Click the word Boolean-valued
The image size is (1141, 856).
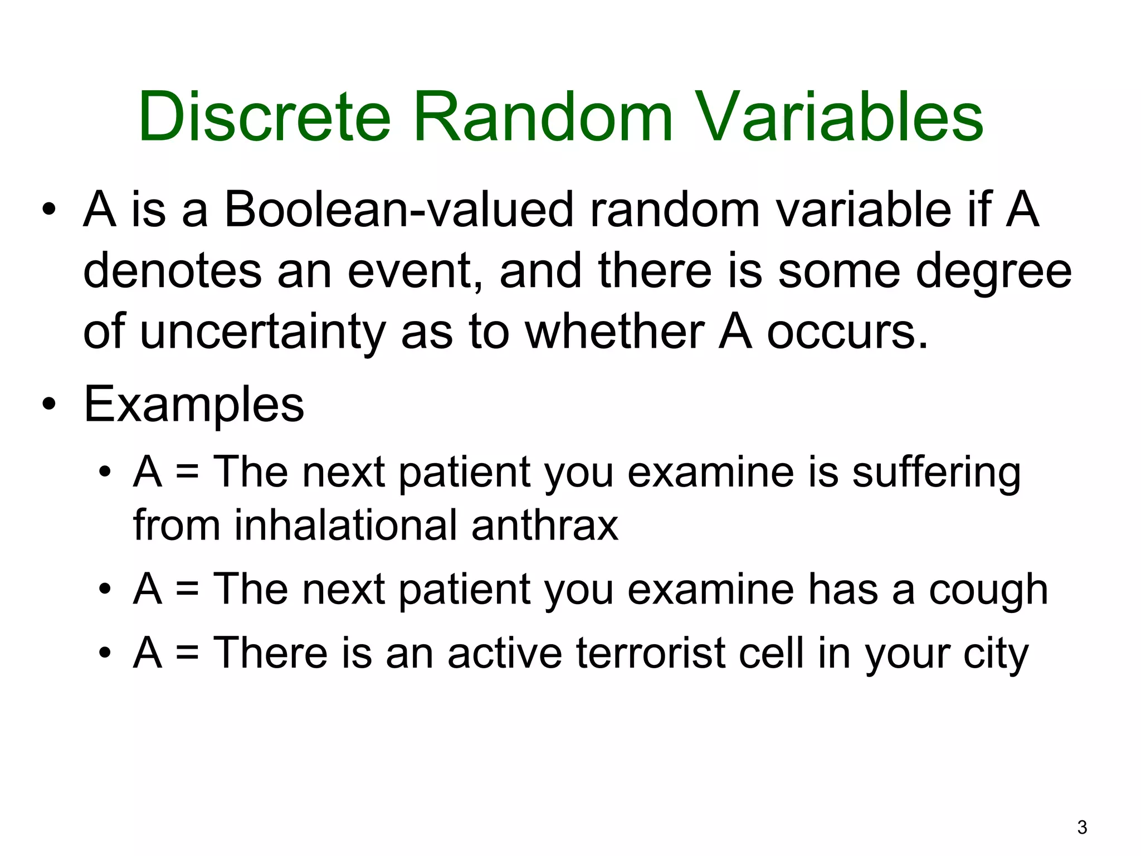point(399,211)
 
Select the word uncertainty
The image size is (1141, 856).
point(262,333)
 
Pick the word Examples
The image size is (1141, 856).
point(194,405)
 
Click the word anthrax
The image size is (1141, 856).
point(544,526)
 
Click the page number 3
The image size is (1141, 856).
point(1082,828)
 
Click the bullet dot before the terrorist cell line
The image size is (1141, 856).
point(104,654)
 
